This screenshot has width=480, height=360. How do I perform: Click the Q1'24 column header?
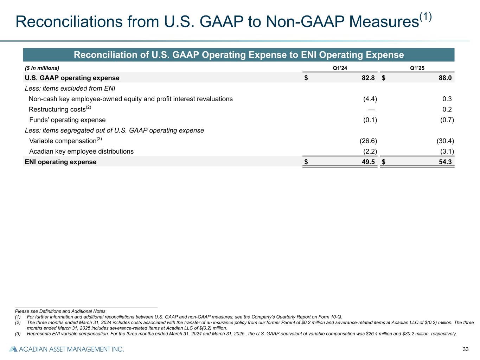[x=340, y=68]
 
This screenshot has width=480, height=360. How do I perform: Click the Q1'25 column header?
[x=417, y=68]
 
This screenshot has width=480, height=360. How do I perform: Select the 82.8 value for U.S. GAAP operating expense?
[x=368, y=78]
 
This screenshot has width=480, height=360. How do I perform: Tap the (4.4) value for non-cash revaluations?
[x=370, y=99]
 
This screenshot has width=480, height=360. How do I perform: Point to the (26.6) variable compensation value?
[x=368, y=141]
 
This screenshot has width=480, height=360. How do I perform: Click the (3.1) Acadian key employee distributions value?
[x=447, y=152]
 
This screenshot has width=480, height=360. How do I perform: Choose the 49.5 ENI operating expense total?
[x=368, y=162]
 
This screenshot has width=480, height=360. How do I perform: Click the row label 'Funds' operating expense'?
[x=67, y=120]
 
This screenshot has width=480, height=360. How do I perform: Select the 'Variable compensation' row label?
[x=63, y=141]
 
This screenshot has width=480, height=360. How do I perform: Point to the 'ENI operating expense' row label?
[x=60, y=162]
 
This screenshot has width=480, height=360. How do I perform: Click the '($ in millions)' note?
[x=42, y=68]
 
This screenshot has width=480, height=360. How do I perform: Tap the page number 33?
[x=466, y=349]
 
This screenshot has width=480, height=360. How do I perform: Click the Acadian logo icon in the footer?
[x=13, y=349]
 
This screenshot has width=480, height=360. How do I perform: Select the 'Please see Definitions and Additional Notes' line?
[x=60, y=311]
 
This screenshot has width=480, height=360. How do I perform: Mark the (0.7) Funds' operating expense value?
[x=447, y=120]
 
